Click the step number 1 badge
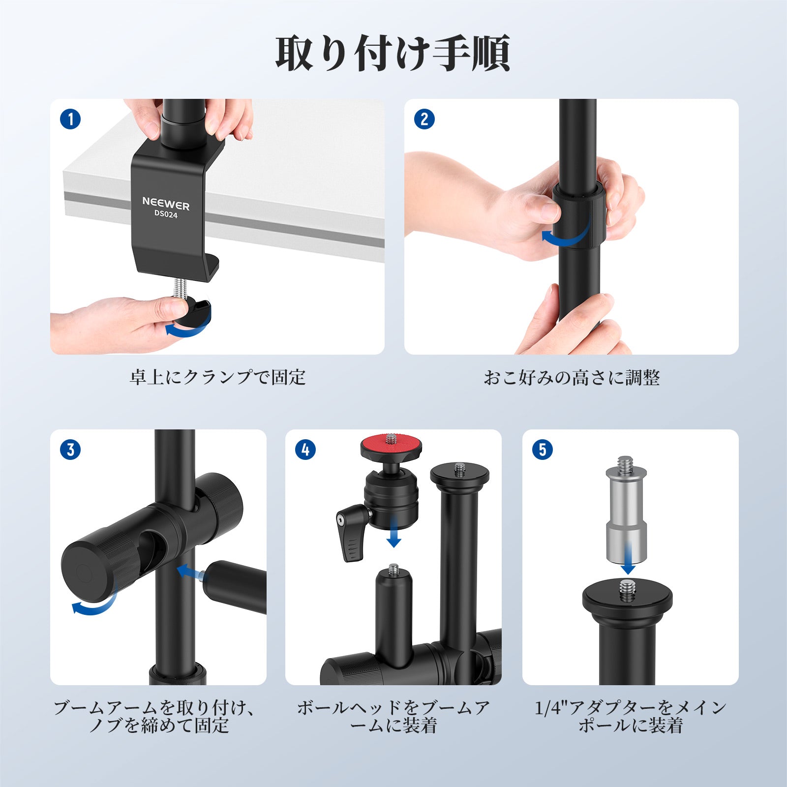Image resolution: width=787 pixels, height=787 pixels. pos(70,120)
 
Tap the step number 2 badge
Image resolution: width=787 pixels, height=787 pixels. pos(424,120)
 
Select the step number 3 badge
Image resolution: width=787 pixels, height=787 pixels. pos(70,450)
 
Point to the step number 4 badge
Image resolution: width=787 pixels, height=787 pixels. pos(305,450)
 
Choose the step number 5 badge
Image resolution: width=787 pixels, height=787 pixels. pos(543,450)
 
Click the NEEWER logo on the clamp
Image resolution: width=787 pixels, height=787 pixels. pos(166,203)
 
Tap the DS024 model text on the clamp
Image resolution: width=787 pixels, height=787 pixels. pos(166,214)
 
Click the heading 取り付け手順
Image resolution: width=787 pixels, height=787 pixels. pos(393,53)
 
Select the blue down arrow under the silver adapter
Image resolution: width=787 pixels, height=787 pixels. pos(628,558)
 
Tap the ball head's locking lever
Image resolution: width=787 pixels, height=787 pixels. pos(352,534)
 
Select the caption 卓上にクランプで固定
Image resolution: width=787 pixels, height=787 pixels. pos(217,378)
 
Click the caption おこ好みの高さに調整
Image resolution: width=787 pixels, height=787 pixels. pos(572,378)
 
